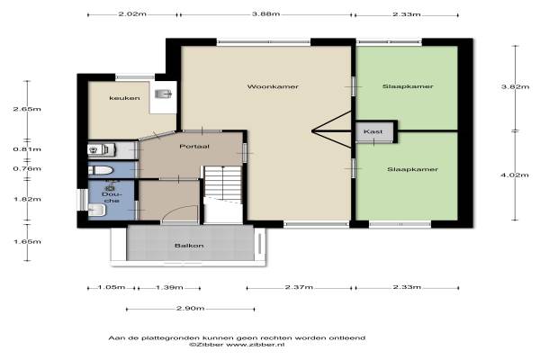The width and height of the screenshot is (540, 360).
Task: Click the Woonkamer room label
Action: [273, 86]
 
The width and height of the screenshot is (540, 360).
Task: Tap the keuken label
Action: [125, 98]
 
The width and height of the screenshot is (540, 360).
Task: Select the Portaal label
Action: [194, 147]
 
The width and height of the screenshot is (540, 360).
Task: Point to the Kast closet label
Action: [373, 131]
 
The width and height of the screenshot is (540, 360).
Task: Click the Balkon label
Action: [189, 246]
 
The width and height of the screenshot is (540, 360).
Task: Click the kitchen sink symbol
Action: [163, 94]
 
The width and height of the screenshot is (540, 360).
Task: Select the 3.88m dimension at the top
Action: [265, 14]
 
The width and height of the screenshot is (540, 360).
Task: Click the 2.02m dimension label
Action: [132, 14]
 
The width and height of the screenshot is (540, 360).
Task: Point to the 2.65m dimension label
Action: [27, 109]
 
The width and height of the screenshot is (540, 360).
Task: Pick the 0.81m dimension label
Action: [27, 149]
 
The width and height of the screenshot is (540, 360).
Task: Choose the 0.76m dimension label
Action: [27, 169]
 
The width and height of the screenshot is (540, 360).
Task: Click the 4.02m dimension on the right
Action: [515, 175]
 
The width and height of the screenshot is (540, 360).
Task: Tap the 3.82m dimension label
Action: [515, 86]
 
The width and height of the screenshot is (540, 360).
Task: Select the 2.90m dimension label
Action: [191, 309]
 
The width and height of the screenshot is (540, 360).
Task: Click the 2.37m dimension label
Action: [299, 287]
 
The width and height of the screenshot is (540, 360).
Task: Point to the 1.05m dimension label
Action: [112, 287]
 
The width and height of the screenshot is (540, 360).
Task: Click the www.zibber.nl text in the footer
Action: [256, 345]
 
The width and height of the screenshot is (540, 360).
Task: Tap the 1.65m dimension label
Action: [27, 242]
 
